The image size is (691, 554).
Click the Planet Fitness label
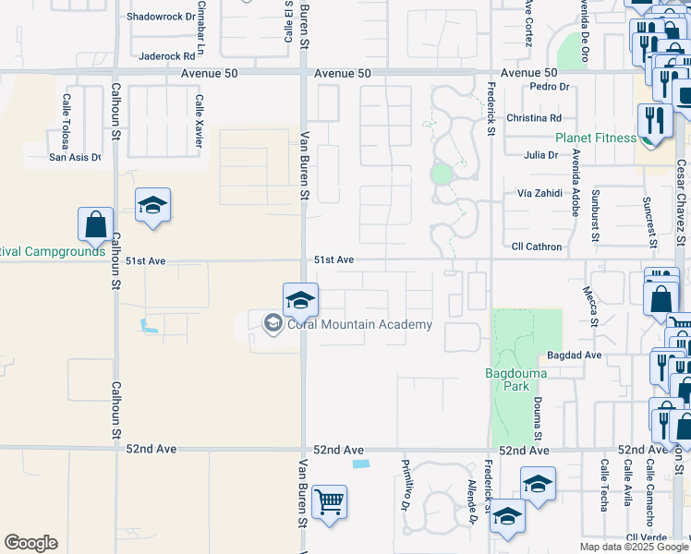[x=595, y=138]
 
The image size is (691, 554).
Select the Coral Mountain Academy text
[x=359, y=324]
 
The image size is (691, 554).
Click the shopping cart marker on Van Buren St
[x=329, y=503]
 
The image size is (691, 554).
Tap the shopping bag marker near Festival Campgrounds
[x=95, y=224]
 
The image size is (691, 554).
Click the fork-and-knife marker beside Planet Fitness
[x=654, y=121]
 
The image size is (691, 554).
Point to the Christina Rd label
[x=534, y=118]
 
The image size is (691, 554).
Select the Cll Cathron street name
[x=536, y=247]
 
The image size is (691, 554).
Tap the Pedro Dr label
[x=552, y=87]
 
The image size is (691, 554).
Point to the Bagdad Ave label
[x=574, y=355]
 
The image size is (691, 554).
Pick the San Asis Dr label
[x=75, y=157]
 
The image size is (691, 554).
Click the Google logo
[x=30, y=543]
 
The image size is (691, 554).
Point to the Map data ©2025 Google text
[x=633, y=547]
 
